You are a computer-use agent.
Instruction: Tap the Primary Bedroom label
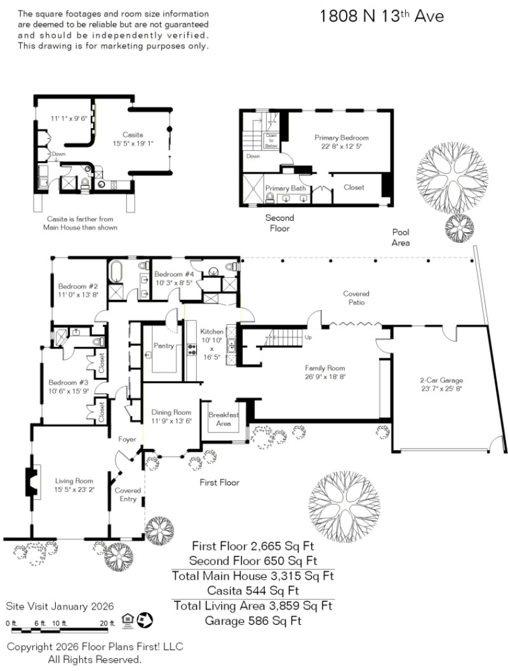point(342,138)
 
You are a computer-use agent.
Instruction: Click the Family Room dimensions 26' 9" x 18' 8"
point(324,376)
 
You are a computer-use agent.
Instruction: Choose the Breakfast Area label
point(223,419)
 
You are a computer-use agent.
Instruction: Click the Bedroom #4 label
point(173,274)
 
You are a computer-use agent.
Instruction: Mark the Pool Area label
point(401,238)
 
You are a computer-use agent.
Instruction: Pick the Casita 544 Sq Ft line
point(253,591)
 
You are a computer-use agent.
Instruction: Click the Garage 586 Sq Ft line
point(253,620)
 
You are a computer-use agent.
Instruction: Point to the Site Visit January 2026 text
point(60,606)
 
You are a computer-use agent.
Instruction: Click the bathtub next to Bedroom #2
point(116,272)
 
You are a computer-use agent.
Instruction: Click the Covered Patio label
point(356,297)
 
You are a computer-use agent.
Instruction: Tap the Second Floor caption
point(279,223)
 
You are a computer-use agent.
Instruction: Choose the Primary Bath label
point(286,188)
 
